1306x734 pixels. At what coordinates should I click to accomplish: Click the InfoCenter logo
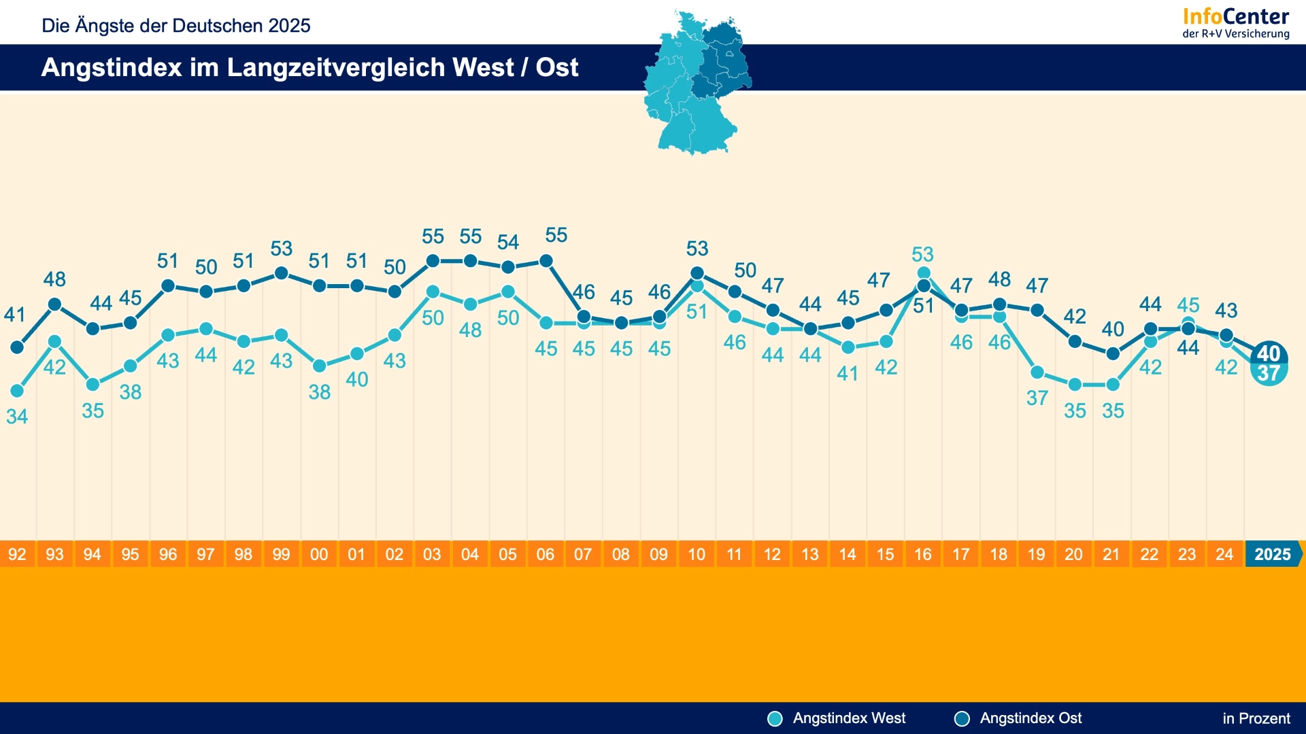(1236, 23)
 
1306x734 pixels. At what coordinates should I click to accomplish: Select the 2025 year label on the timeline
(1273, 555)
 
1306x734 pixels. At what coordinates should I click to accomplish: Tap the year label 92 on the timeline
(17, 555)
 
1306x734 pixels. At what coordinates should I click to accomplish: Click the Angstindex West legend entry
(837, 718)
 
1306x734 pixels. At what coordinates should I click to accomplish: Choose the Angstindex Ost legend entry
(1018, 718)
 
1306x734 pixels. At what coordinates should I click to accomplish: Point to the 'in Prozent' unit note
(1256, 718)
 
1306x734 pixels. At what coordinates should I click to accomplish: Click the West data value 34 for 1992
(17, 417)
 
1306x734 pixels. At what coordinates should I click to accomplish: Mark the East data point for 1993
(55, 304)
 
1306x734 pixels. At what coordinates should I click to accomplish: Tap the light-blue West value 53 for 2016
(923, 254)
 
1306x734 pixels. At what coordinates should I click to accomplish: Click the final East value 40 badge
(1269, 353)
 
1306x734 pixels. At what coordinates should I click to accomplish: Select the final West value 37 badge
(1269, 373)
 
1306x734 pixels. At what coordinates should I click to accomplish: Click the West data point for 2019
(1037, 372)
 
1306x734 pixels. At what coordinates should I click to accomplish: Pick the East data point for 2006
(546, 261)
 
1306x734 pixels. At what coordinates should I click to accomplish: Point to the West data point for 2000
(319, 366)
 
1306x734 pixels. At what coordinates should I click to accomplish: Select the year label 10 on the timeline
(697, 555)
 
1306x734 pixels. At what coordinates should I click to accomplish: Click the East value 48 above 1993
(55, 279)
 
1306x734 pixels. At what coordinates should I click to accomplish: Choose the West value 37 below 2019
(1037, 398)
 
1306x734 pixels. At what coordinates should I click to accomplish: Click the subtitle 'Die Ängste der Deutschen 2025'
(176, 26)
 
